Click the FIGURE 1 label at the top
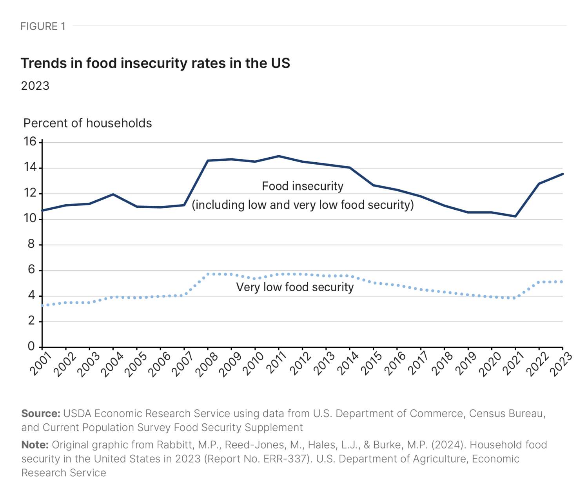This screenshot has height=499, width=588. click(43, 26)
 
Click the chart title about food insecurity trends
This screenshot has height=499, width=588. click(155, 63)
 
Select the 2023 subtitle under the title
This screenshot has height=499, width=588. click(35, 86)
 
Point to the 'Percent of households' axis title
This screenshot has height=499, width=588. click(87, 123)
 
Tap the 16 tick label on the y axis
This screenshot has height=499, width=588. click(30, 142)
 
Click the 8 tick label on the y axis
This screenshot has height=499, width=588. click(31, 244)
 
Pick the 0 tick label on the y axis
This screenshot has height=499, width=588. click(31, 346)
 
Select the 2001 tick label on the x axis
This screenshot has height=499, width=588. click(40, 363)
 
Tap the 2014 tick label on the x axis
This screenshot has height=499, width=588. click(348, 363)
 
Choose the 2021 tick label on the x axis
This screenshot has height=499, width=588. click(514, 363)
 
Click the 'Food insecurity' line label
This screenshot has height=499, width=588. click(303, 186)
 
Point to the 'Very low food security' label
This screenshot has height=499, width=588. click(295, 287)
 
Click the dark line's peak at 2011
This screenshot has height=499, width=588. click(279, 156)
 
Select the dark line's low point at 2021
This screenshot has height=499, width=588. click(515, 216)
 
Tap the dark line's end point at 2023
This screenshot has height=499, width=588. click(563, 174)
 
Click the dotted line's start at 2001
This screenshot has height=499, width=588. click(42, 305)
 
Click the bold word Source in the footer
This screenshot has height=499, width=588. click(41, 414)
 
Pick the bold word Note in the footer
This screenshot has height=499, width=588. click(35, 445)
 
